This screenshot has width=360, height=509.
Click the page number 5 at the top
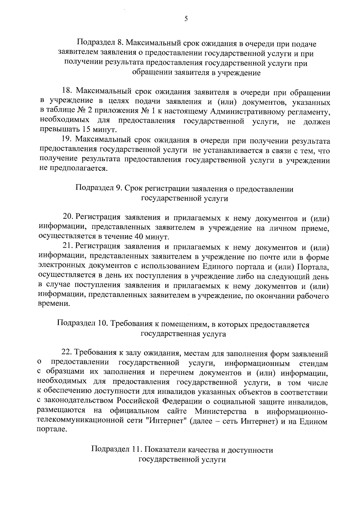pyautogui.click(x=186, y=19)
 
